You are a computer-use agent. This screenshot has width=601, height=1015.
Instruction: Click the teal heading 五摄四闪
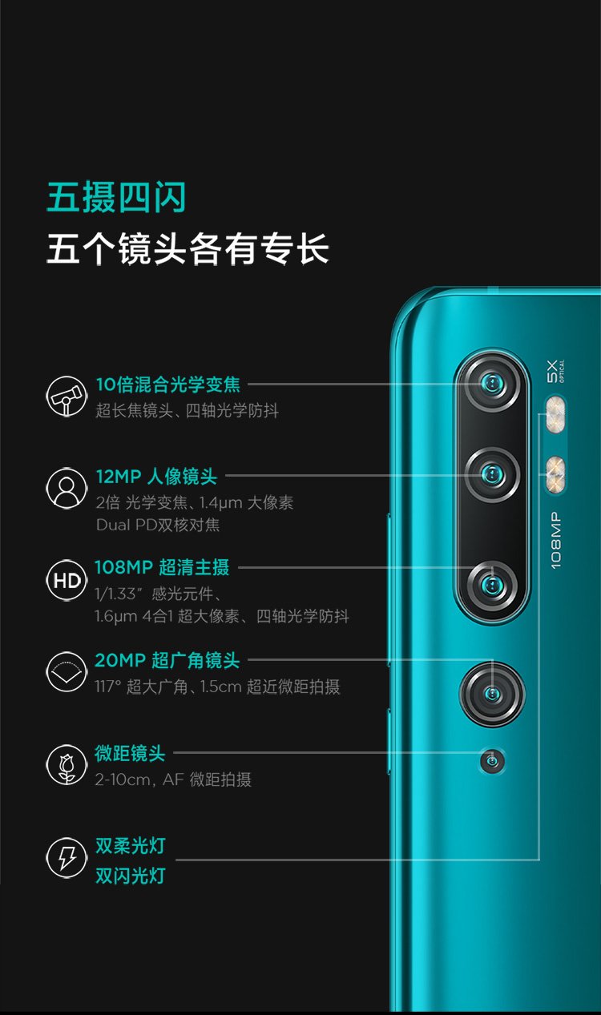(116, 198)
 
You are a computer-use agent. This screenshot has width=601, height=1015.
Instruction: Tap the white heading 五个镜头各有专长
(188, 249)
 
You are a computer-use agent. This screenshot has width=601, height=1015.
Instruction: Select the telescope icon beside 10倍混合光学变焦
(66, 396)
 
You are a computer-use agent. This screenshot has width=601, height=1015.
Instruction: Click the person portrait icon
(66, 488)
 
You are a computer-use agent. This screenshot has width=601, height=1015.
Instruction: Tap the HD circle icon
(66, 581)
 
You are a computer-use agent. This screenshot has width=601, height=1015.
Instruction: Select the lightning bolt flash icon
(66, 858)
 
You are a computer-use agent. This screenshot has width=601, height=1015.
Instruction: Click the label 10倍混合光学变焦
(167, 385)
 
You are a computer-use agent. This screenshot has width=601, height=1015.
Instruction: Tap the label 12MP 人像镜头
(156, 477)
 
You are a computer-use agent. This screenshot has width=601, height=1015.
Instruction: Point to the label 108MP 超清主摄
(162, 568)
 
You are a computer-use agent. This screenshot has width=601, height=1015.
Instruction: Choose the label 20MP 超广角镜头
(167, 661)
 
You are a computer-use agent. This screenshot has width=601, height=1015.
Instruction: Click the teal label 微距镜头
(130, 753)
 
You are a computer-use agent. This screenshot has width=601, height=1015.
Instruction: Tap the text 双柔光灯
(130, 846)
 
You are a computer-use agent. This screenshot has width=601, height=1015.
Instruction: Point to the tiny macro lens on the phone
(492, 759)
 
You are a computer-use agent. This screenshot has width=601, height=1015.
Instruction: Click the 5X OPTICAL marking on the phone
(555, 371)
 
